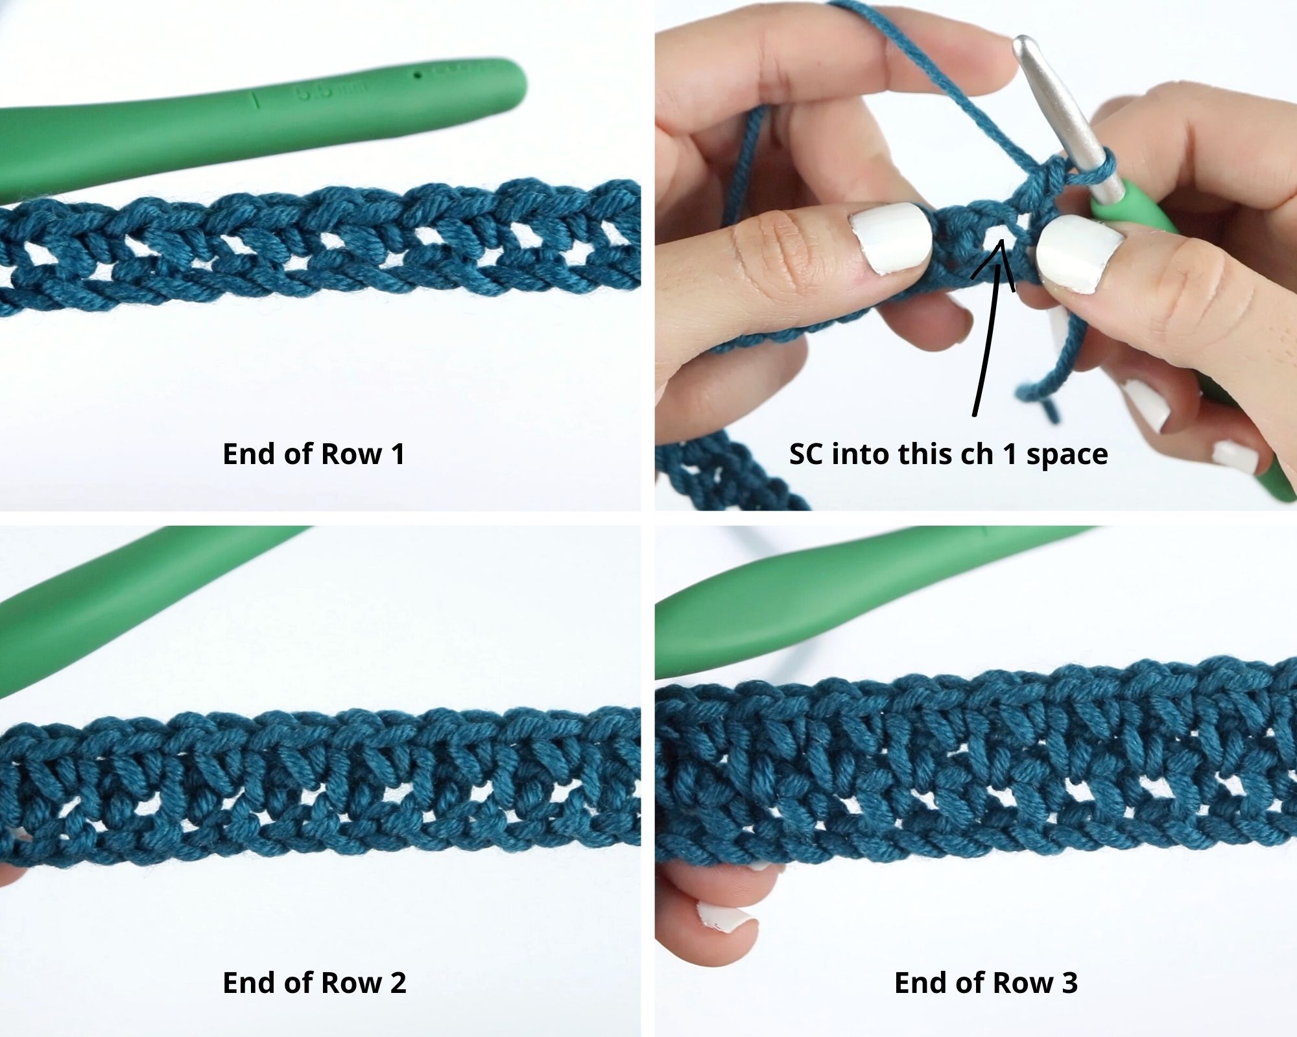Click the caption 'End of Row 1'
pos(314,454)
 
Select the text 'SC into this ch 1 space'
pos(948,454)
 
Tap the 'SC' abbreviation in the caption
pos(807,454)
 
